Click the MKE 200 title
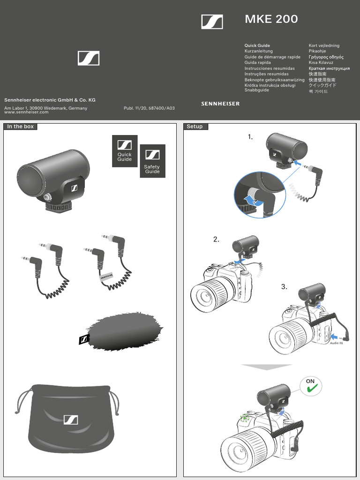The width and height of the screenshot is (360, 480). click(x=271, y=19)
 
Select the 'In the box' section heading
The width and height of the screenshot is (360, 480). click(x=21, y=127)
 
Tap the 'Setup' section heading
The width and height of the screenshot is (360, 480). click(x=195, y=127)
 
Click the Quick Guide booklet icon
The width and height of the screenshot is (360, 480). click(x=125, y=151)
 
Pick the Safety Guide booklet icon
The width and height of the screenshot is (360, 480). click(x=152, y=161)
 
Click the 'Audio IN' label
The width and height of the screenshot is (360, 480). click(x=336, y=343)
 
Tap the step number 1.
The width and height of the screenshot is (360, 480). click(x=250, y=137)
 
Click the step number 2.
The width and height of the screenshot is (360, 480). click(x=216, y=239)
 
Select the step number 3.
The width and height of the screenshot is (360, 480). click(x=284, y=287)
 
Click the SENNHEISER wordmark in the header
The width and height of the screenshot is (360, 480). click(x=220, y=104)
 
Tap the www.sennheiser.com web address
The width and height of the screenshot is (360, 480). click(x=26, y=112)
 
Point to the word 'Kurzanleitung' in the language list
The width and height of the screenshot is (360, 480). click(x=258, y=51)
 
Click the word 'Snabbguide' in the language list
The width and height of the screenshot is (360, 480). click(x=256, y=90)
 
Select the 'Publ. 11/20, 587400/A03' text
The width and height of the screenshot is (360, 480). click(x=149, y=108)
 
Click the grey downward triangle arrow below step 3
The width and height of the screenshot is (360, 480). click(x=266, y=367)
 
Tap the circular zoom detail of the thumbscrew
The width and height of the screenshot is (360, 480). click(x=259, y=195)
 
